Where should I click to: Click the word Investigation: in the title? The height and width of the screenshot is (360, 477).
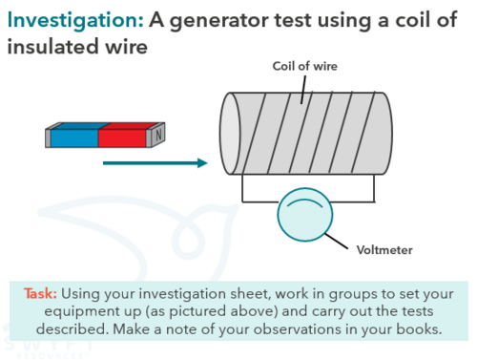click(x=75, y=21)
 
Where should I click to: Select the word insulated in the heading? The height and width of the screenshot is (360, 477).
click(x=52, y=47)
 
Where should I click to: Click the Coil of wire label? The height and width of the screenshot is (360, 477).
click(x=305, y=66)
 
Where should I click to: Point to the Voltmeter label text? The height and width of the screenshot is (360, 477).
click(x=384, y=250)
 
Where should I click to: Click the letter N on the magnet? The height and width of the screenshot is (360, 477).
click(x=158, y=135)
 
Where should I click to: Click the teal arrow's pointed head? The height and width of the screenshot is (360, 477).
click(x=202, y=163)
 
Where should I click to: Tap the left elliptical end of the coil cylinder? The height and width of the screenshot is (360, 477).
click(x=230, y=134)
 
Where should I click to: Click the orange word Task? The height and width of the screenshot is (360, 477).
click(x=40, y=293)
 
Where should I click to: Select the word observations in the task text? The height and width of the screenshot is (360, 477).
click(x=297, y=329)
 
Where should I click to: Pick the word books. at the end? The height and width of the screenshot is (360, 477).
click(x=419, y=329)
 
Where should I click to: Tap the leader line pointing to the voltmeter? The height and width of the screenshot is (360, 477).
click(x=336, y=241)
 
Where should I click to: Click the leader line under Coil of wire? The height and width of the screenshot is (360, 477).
click(x=303, y=90)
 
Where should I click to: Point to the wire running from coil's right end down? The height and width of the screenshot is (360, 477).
click(x=374, y=188)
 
